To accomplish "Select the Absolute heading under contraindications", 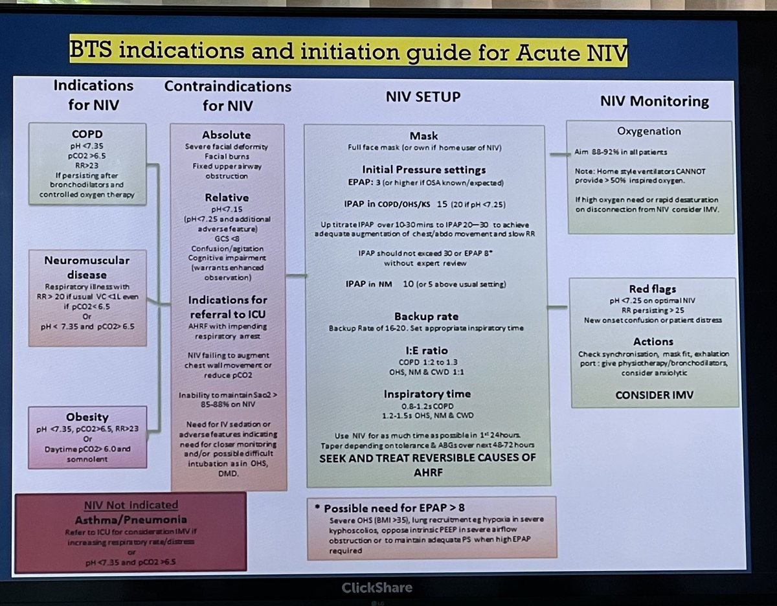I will pyautogui.click(x=227, y=135).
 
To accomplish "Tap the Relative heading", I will pyautogui.click(x=227, y=197).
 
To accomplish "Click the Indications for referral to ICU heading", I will pyautogui.click(x=227, y=306).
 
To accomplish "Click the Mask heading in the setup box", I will pyautogui.click(x=423, y=136).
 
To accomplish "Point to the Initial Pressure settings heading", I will pyautogui.click(x=423, y=170).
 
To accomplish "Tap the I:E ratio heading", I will pyautogui.click(x=423, y=350).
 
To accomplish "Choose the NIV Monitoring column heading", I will pyautogui.click(x=654, y=101).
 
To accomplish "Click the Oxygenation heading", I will pyautogui.click(x=648, y=131).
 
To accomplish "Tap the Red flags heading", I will pyautogui.click(x=653, y=289).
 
